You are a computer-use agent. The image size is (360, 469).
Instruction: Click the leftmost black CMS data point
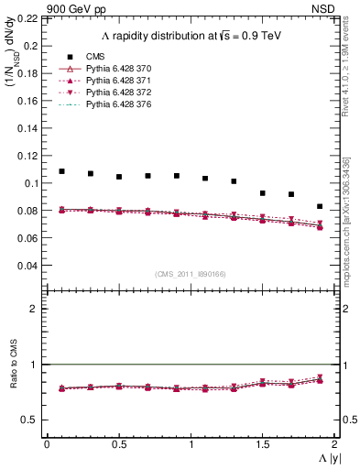coord(62,171)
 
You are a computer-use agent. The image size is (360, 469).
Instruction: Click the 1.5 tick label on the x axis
coord(262,443)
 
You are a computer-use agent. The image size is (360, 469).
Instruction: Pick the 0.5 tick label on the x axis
coord(118,443)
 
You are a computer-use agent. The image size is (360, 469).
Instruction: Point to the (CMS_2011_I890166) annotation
coord(191,274)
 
